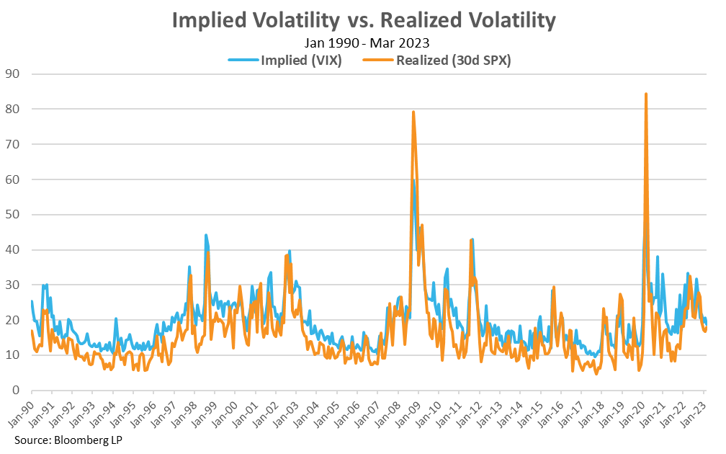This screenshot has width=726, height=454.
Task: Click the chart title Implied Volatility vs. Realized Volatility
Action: (x=363, y=21)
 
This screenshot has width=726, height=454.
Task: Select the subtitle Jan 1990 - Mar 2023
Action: (x=363, y=45)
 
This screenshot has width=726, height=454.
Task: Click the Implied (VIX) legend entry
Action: (x=285, y=61)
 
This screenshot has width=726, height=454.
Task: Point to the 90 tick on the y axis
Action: (x=12, y=74)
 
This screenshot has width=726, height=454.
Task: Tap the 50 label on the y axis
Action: (x=12, y=215)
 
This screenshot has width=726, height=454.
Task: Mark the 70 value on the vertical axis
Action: (x=12, y=144)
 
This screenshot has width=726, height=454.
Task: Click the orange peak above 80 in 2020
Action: (x=646, y=94)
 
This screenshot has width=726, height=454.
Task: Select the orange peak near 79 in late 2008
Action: (x=413, y=112)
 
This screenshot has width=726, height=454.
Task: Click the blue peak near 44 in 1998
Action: (x=206, y=235)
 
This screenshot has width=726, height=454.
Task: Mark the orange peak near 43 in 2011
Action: (x=471, y=240)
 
